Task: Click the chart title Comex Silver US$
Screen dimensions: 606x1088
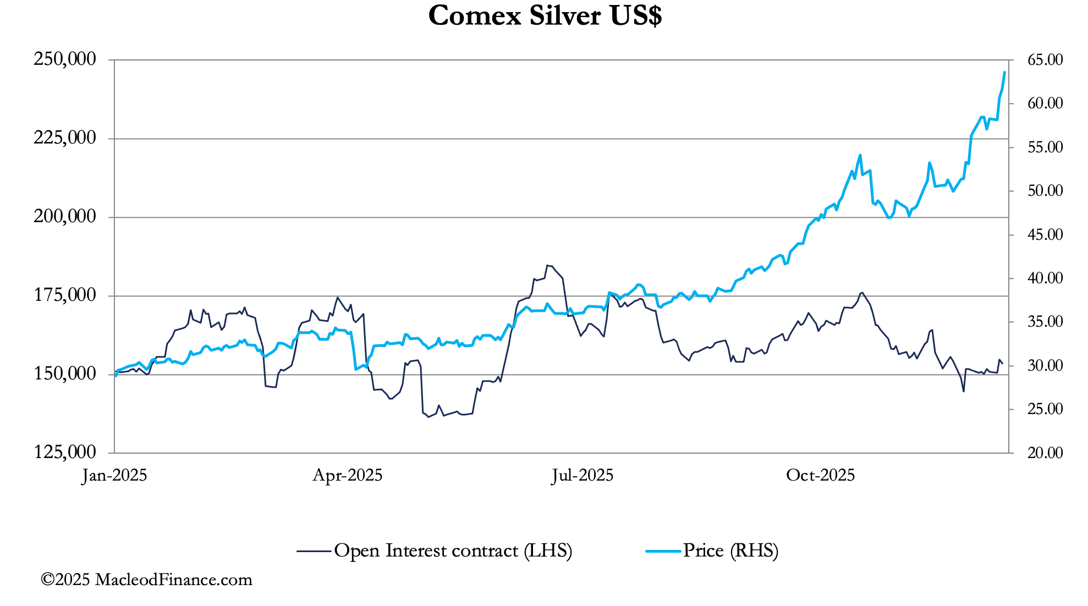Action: pyautogui.click(x=545, y=16)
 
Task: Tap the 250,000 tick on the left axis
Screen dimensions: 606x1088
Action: pyautogui.click(x=65, y=59)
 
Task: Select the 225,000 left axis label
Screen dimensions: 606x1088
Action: pyautogui.click(x=65, y=137)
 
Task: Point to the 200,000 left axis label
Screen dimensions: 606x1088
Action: pyautogui.click(x=65, y=216)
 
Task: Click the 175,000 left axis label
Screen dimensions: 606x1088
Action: pyautogui.click(x=65, y=295)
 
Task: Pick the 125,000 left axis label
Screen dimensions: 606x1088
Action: pyautogui.click(x=65, y=452)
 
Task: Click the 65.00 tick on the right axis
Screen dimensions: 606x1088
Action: pyautogui.click(x=1045, y=59)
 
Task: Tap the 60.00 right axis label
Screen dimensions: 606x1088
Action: pyautogui.click(x=1045, y=103)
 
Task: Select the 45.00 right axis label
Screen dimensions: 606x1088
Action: pyautogui.click(x=1045, y=234)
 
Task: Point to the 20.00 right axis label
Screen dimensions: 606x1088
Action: pyautogui.click(x=1045, y=453)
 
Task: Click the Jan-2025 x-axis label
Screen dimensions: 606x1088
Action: pyautogui.click(x=115, y=475)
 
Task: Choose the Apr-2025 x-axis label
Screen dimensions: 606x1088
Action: pyautogui.click(x=348, y=475)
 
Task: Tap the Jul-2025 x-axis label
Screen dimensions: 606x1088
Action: pyautogui.click(x=583, y=475)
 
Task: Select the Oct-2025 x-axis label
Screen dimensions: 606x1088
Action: pyautogui.click(x=820, y=475)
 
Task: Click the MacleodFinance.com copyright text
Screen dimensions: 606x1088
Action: pyautogui.click(x=146, y=580)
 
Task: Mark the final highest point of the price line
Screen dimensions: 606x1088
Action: pyautogui.click(x=1004, y=73)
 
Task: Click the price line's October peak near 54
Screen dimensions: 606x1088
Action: pyautogui.click(x=860, y=155)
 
